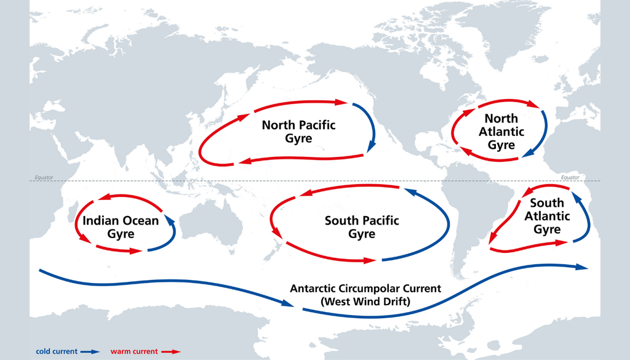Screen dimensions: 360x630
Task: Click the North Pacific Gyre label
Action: tap(298, 132)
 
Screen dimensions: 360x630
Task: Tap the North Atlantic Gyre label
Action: tap(501, 132)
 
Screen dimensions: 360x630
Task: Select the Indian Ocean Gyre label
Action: tap(121, 227)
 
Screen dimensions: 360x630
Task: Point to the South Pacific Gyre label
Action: tap(362, 227)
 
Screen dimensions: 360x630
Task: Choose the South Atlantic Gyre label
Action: tap(547, 216)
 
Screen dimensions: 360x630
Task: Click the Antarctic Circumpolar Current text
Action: tap(365, 288)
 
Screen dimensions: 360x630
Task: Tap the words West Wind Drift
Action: tap(365, 302)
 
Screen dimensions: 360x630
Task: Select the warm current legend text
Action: tap(135, 351)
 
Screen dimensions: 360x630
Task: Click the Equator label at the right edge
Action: tap(570, 177)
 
